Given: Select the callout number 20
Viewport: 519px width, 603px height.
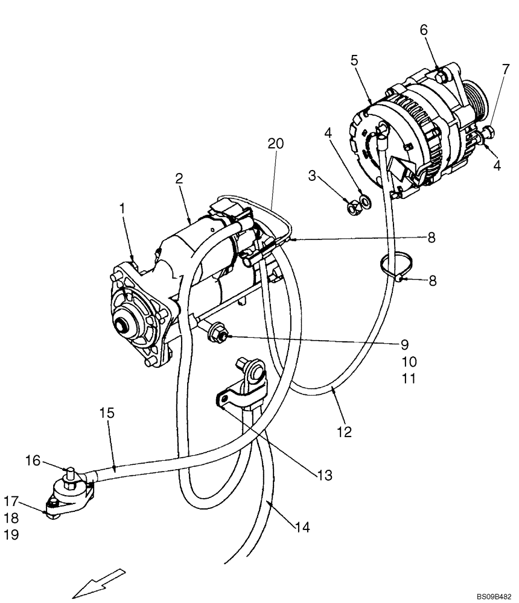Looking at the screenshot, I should [x=275, y=144].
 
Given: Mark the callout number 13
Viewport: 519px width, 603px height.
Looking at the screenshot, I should [x=324, y=476].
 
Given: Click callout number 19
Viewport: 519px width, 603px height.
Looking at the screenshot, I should [x=11, y=534].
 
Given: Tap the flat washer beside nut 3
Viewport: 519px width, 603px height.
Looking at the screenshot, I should [x=364, y=200].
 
